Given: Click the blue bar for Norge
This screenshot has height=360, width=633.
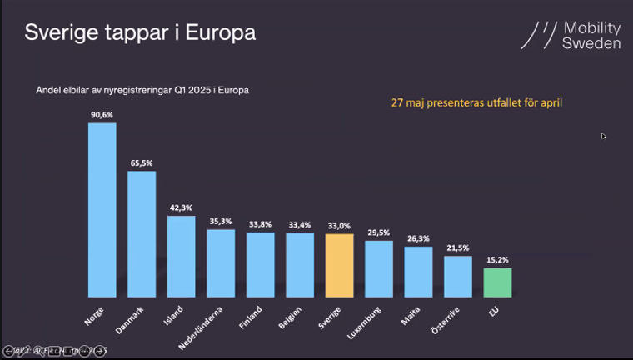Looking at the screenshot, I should point(102,210).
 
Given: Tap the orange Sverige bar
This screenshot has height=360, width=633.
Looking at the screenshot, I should point(340,265).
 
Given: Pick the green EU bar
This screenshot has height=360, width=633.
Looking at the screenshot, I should point(497,282).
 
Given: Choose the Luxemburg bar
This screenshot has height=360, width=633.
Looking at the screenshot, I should point(379,268).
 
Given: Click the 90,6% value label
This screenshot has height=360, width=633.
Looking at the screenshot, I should point(102,115).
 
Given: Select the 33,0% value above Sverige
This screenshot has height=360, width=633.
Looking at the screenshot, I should point(340,226).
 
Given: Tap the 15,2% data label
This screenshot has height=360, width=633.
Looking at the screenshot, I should point(497,260).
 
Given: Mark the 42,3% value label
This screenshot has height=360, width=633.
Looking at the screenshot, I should point(181,207).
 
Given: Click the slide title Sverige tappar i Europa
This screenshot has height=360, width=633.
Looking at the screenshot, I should point(139,33).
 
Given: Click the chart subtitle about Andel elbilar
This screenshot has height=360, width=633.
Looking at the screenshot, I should point(142,90).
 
